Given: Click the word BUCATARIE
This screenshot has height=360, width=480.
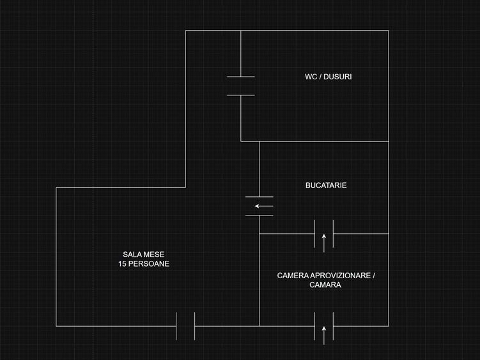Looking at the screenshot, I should click(x=326, y=185).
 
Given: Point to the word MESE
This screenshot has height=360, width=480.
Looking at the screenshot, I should click(x=154, y=254).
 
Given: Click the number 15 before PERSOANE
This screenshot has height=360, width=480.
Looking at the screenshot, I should click(x=122, y=264).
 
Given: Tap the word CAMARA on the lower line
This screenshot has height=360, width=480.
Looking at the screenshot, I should click(x=325, y=285).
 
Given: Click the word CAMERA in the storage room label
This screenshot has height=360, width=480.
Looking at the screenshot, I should click(x=293, y=276).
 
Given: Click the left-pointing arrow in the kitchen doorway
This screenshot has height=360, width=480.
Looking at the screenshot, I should click(x=263, y=206).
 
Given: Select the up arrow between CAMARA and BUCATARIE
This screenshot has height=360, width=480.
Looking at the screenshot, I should click(x=324, y=242).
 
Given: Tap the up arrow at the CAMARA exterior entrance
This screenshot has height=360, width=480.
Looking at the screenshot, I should click(x=324, y=334).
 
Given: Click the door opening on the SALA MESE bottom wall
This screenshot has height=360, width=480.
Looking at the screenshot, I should click(x=185, y=326).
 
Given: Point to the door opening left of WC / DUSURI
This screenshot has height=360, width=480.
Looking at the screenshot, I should click(x=241, y=86).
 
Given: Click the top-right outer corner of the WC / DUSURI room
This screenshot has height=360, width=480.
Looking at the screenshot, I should click(x=389, y=31).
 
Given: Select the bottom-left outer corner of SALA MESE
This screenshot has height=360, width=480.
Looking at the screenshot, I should click(x=56, y=326).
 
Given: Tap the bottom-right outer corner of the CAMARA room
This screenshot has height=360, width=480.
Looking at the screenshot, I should click(x=389, y=326).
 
